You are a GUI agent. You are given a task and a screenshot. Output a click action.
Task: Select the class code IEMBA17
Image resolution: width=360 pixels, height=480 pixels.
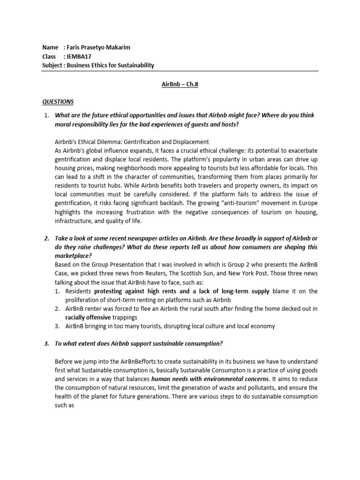(79, 56)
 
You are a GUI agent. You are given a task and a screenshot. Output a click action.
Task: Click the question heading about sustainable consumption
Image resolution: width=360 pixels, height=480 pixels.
(139, 343)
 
